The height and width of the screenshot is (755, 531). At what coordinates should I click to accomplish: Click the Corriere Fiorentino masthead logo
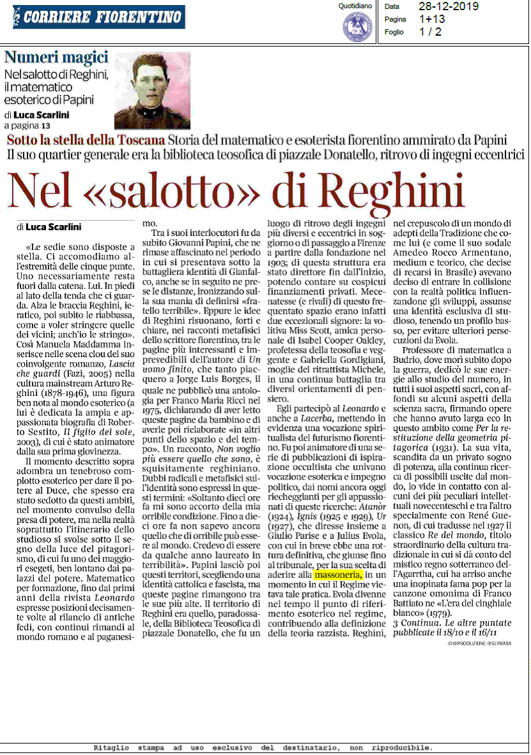[x=98, y=17]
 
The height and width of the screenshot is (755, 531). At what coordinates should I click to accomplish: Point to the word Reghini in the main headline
[x=389, y=190]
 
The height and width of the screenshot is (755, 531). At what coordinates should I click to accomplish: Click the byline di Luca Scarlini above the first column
[x=50, y=226]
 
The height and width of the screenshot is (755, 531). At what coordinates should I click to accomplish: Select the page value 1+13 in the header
[x=432, y=19]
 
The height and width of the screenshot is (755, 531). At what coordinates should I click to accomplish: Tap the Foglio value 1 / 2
[x=430, y=32]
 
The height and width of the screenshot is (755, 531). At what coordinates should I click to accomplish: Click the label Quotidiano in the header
[x=355, y=6]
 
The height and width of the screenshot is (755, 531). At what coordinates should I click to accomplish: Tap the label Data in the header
[x=392, y=6]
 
